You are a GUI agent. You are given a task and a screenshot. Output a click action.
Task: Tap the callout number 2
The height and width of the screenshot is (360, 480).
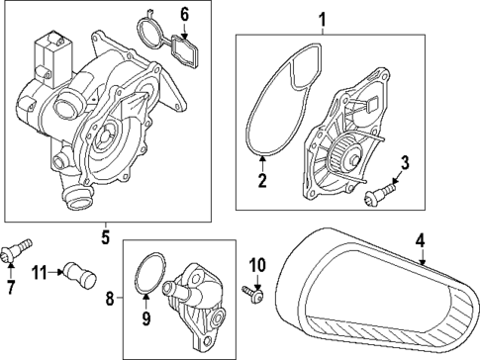coord(262,180)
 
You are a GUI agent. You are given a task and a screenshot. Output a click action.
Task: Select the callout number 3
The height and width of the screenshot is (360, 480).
coord(405,163)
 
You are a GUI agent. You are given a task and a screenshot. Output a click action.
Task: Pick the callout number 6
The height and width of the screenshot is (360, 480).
coord(184,15)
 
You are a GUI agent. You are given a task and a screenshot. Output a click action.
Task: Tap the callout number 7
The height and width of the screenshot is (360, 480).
coord(11,287)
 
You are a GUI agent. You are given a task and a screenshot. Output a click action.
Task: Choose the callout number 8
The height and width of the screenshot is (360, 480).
coord(110,299)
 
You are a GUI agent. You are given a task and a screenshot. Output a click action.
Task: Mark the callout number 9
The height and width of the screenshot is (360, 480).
coord(145,318)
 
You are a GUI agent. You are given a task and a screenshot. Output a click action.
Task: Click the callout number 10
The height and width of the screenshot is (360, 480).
coord(257,265)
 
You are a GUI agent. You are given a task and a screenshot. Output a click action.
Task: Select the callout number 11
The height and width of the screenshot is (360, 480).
coord(41,272)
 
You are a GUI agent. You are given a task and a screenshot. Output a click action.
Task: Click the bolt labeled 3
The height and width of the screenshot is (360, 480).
coord(379,195)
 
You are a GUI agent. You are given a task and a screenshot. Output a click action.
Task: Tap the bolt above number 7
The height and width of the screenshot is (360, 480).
coord(17,250)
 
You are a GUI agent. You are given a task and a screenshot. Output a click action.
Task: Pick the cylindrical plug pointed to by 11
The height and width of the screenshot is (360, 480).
coord(79,275)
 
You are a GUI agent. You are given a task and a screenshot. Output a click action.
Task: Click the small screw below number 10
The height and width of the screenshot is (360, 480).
coord(252,294)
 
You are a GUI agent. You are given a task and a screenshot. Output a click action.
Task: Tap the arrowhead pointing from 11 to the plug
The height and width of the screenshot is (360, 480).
coord(60,272)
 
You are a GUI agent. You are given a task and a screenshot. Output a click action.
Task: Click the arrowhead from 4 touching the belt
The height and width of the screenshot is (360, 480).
coord(422,263)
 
